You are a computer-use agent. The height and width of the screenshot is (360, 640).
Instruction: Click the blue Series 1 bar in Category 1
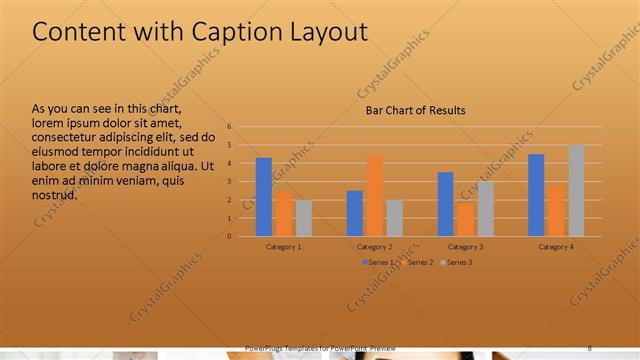click(x=264, y=197)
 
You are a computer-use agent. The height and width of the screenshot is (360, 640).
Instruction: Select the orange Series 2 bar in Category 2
click(x=375, y=196)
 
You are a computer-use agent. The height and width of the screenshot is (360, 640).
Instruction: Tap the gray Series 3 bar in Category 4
click(x=576, y=190)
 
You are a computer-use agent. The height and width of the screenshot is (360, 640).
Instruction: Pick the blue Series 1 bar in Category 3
click(x=445, y=204)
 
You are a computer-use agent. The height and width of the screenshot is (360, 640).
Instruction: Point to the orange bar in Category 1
click(x=284, y=214)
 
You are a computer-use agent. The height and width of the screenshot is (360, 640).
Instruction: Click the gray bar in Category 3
click(x=485, y=209)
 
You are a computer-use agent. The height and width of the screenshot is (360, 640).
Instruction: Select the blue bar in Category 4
click(x=536, y=195)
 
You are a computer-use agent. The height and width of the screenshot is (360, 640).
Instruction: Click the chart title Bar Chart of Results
click(x=414, y=110)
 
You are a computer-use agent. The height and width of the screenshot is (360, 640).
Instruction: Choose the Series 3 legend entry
click(x=456, y=262)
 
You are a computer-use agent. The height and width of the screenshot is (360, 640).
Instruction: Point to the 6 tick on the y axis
click(x=229, y=127)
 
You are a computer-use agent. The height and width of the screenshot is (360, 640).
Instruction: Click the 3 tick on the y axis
click(x=229, y=182)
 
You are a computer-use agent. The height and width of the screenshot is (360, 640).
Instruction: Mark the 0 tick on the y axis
click(x=229, y=237)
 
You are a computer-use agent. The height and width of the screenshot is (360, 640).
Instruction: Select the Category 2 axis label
click(x=375, y=246)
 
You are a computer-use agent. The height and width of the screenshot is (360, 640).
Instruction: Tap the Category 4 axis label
click(x=556, y=246)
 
